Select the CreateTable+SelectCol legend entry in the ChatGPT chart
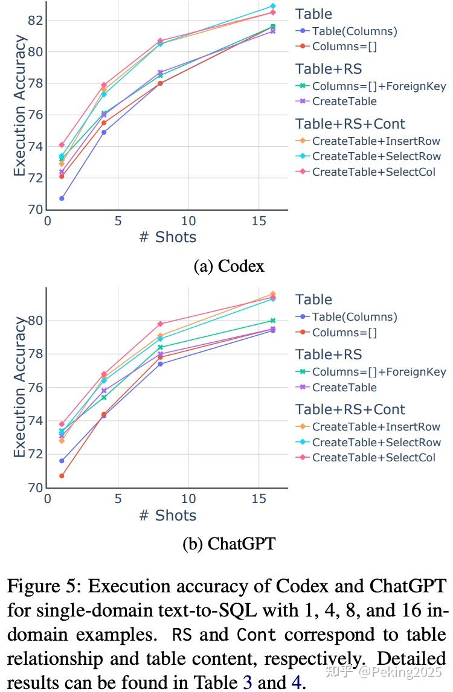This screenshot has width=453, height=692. pos(373,458)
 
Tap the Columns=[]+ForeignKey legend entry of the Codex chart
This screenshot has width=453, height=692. pos(379,86)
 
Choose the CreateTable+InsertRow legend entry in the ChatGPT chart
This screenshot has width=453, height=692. pos(376,427)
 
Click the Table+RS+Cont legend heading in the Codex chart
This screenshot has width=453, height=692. pos(350,124)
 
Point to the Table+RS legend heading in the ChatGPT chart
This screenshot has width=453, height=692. pos(328,354)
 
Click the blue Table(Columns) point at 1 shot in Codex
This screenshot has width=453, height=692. pos(62,198)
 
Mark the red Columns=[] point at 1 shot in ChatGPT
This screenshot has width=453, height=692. pos(62,476)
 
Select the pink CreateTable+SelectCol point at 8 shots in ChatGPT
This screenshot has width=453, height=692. pos(160,324)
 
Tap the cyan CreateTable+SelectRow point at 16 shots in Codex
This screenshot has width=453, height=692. pos(273,6)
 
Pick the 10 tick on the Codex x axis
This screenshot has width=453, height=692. pos(188,221)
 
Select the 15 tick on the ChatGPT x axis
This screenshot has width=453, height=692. pos(259,499)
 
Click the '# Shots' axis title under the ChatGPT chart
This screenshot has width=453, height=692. pos(167,515)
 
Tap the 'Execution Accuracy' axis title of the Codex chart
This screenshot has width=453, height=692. pos(20,106)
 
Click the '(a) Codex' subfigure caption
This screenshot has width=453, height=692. pos(228,266)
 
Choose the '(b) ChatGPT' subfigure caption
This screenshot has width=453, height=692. pos(228,543)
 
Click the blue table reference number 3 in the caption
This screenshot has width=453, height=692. pos(248,683)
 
